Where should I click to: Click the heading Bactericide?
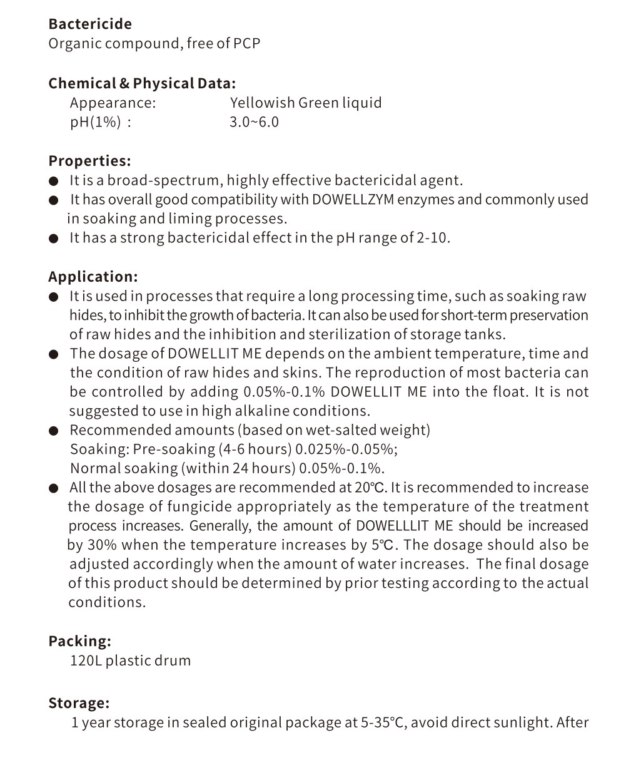(x=90, y=24)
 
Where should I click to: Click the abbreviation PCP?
(x=246, y=44)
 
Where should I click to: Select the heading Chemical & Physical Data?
(x=142, y=83)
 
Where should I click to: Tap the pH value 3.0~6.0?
(x=254, y=122)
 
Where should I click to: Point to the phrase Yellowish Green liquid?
(x=306, y=103)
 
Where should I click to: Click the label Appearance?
(x=113, y=103)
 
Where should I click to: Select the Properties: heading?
(x=90, y=161)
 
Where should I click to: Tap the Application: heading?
(x=93, y=277)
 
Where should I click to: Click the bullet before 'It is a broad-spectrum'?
(x=54, y=182)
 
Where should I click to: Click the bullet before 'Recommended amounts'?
(x=54, y=431)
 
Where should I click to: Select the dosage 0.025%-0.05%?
(x=346, y=449)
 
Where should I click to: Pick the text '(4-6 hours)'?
(x=255, y=449)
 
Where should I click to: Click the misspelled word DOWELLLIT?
(x=392, y=526)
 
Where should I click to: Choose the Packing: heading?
(x=80, y=641)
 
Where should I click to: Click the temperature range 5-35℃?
(x=384, y=723)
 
